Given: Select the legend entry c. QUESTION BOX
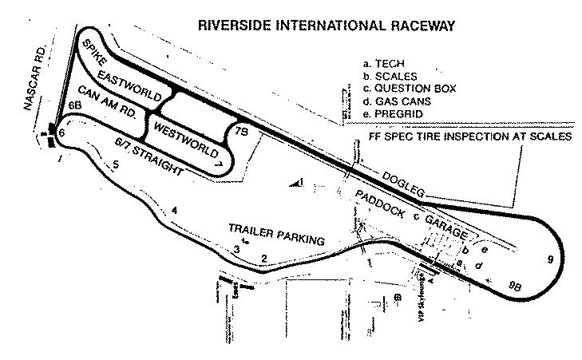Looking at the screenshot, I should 407,89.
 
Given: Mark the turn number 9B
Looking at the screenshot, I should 513,284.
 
